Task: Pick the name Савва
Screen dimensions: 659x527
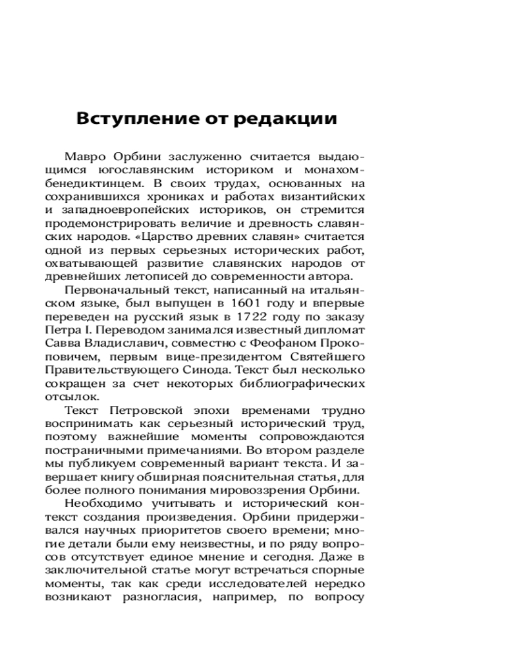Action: (x=63, y=343)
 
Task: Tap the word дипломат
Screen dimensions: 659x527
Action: (x=335, y=329)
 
